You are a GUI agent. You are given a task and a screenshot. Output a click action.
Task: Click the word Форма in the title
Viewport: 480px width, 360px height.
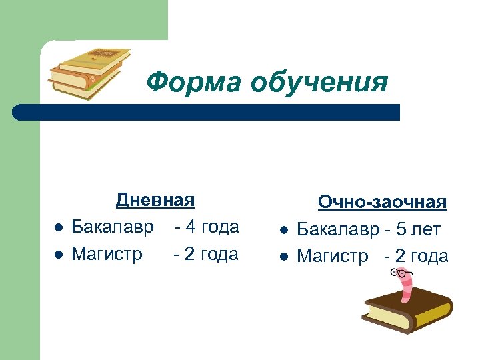click(x=193, y=83)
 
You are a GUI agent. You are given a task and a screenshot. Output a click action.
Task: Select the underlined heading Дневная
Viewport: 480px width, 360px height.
click(x=155, y=200)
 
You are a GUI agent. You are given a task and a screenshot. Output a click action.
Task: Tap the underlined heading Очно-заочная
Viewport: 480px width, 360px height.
click(x=381, y=202)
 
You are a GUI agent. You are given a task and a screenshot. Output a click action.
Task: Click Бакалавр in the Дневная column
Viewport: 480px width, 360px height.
click(x=113, y=227)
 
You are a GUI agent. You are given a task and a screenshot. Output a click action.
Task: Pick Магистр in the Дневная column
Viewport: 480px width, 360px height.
click(x=107, y=254)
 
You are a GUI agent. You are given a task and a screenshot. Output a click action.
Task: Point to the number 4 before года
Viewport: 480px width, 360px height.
click(x=191, y=227)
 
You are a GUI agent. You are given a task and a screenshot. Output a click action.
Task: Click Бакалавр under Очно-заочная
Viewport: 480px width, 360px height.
click(x=338, y=230)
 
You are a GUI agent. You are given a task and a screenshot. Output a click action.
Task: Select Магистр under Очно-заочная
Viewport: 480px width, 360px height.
click(x=332, y=257)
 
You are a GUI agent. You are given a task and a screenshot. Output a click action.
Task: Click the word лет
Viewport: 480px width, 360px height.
click(x=427, y=230)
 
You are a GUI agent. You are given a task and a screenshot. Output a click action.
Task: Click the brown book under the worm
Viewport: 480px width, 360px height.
click(x=407, y=317)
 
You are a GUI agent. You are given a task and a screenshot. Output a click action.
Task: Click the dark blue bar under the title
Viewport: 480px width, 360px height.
click(x=207, y=112)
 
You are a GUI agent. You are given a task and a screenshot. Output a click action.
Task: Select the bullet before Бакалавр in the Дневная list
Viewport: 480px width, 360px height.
click(x=58, y=228)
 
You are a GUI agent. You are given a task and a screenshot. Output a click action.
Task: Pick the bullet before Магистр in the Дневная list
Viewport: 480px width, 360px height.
click(x=58, y=255)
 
